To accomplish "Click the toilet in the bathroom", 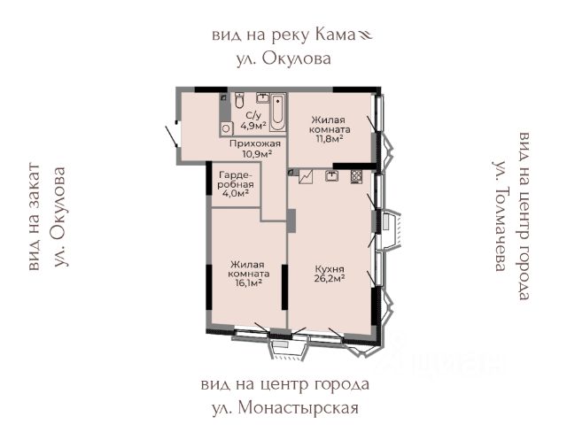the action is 239,100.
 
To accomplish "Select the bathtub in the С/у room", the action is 277,112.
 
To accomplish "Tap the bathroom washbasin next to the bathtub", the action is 263,97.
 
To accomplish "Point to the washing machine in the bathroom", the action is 227,128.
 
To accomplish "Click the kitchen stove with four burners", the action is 356,176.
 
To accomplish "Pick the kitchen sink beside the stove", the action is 331,175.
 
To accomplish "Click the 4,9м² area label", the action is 253,126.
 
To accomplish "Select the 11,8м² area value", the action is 326,139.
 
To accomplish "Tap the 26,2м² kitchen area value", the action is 329,279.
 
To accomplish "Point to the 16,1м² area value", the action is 248,283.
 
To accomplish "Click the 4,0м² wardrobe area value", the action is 236,193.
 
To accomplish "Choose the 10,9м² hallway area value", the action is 257,153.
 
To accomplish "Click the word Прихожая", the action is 255,143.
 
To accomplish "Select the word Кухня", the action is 330,269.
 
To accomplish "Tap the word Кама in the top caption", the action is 335,35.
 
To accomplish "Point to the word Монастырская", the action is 299,408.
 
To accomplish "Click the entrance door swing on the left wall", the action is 171,135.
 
